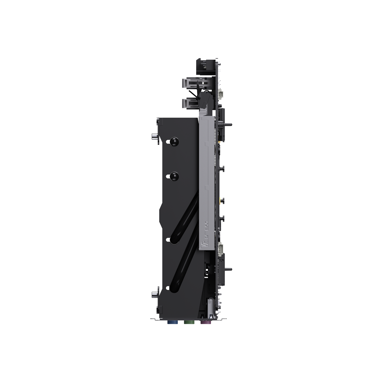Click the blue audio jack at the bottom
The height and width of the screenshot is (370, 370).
point(172,322)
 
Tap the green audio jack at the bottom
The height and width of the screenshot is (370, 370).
point(188,322)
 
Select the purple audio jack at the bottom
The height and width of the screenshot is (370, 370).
point(205,322)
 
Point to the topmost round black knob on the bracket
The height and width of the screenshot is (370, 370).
point(174,141)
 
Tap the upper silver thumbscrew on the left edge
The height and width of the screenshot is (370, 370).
point(155,136)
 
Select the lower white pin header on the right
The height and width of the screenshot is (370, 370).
point(221,248)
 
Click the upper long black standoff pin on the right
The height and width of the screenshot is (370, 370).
point(227,124)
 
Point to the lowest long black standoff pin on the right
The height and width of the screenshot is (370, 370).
point(227,269)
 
